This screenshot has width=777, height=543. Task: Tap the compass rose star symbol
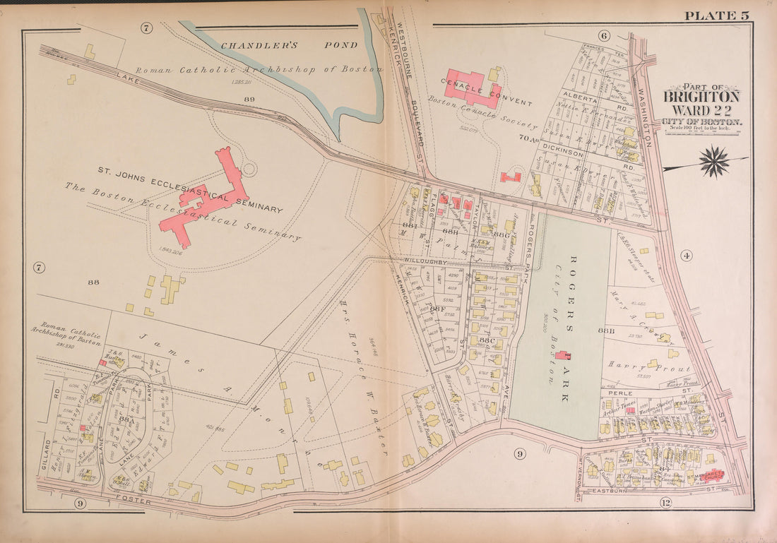click(714, 162)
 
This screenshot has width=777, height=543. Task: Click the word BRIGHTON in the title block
click(701, 97)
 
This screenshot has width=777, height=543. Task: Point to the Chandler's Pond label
click(289, 46)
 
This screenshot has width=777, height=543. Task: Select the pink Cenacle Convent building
click(473, 87)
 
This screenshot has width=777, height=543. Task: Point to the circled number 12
click(665, 502)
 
